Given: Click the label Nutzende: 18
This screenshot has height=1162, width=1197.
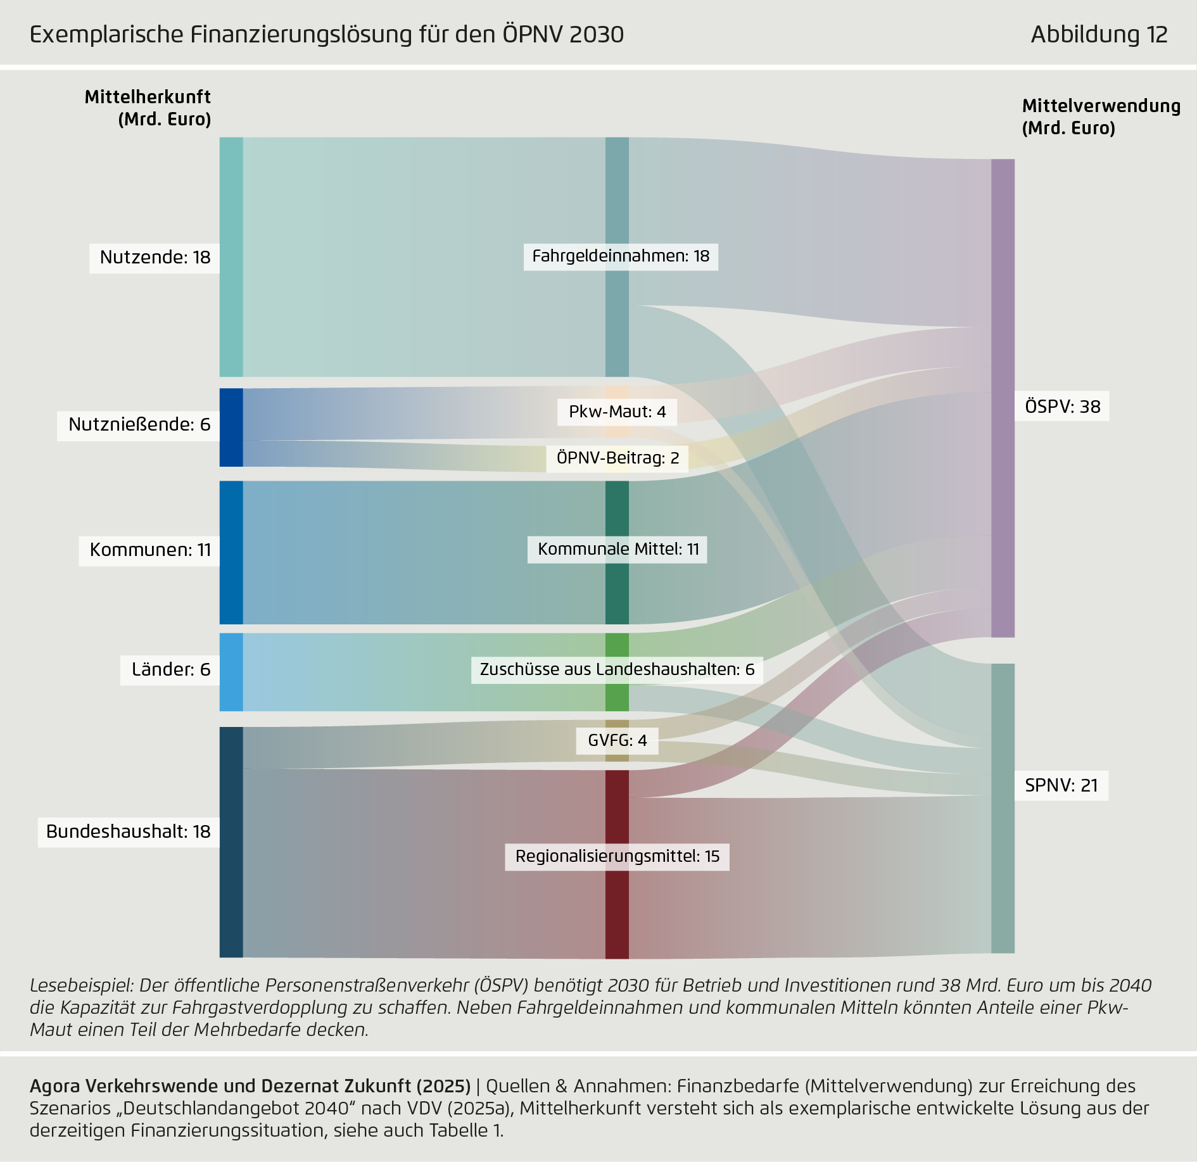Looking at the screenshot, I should click(155, 258).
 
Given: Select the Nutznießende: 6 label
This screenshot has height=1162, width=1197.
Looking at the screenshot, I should click(139, 425).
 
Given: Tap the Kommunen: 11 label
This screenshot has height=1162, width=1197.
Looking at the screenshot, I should click(149, 550).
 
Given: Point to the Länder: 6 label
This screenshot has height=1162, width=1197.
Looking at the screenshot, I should click(170, 670).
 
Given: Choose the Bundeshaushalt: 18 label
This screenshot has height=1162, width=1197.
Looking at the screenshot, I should click(128, 832).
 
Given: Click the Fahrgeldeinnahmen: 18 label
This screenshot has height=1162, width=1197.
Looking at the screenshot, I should click(620, 256).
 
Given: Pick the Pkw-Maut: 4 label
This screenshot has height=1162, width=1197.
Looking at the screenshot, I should click(617, 412).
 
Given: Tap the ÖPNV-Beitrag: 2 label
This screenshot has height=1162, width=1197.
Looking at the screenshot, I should click(617, 458).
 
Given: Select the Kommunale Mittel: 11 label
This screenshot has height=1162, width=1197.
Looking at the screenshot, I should click(617, 550).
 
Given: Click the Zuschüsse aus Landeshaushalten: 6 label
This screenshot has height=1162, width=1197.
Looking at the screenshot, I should click(617, 670).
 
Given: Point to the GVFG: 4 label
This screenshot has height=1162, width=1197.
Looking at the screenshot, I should click(617, 741).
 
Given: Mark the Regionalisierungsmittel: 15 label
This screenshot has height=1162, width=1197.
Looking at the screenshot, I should click(617, 857).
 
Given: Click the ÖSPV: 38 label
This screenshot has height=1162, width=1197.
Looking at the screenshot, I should click(1062, 407).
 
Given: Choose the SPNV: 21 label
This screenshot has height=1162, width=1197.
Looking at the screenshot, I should click(1061, 786).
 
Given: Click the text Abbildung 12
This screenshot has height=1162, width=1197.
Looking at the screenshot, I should click(1099, 34).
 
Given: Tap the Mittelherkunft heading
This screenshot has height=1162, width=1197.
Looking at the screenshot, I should click(148, 98).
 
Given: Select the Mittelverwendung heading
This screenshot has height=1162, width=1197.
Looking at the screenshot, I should click(1101, 106).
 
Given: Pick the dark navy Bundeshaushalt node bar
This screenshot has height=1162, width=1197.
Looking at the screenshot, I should click(231, 842).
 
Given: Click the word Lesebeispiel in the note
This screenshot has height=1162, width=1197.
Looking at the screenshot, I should click(81, 986).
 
